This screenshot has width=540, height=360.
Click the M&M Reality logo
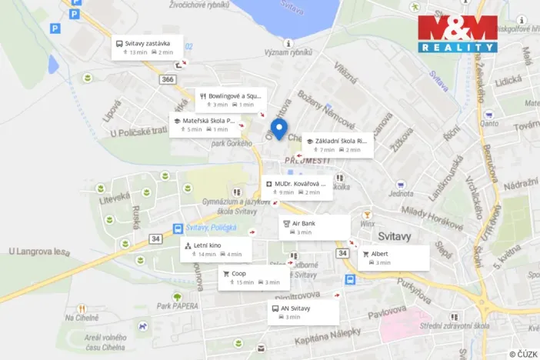(457, 33)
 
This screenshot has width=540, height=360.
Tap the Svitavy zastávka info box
(148, 47)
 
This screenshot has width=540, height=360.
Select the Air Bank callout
(314, 227)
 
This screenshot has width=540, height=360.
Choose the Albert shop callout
(392, 258)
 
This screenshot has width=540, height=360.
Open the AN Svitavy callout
(303, 312)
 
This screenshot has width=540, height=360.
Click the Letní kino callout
(215, 249)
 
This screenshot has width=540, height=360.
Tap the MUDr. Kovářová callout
(297, 188)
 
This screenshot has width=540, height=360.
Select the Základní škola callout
(337, 145)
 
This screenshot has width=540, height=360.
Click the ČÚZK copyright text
(523, 354)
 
